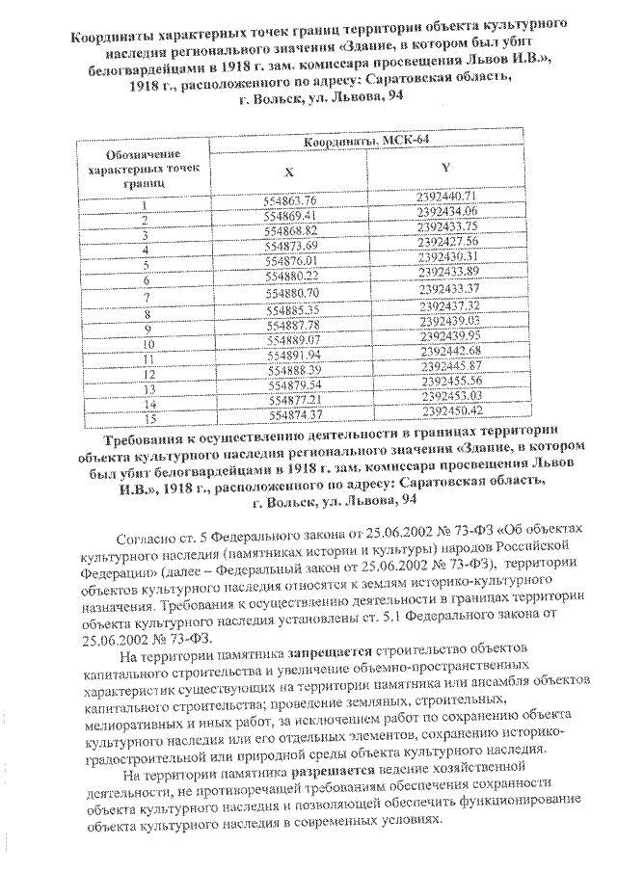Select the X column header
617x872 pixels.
(x=289, y=171)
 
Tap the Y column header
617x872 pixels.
(x=444, y=168)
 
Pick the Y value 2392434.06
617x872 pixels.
(x=446, y=210)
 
